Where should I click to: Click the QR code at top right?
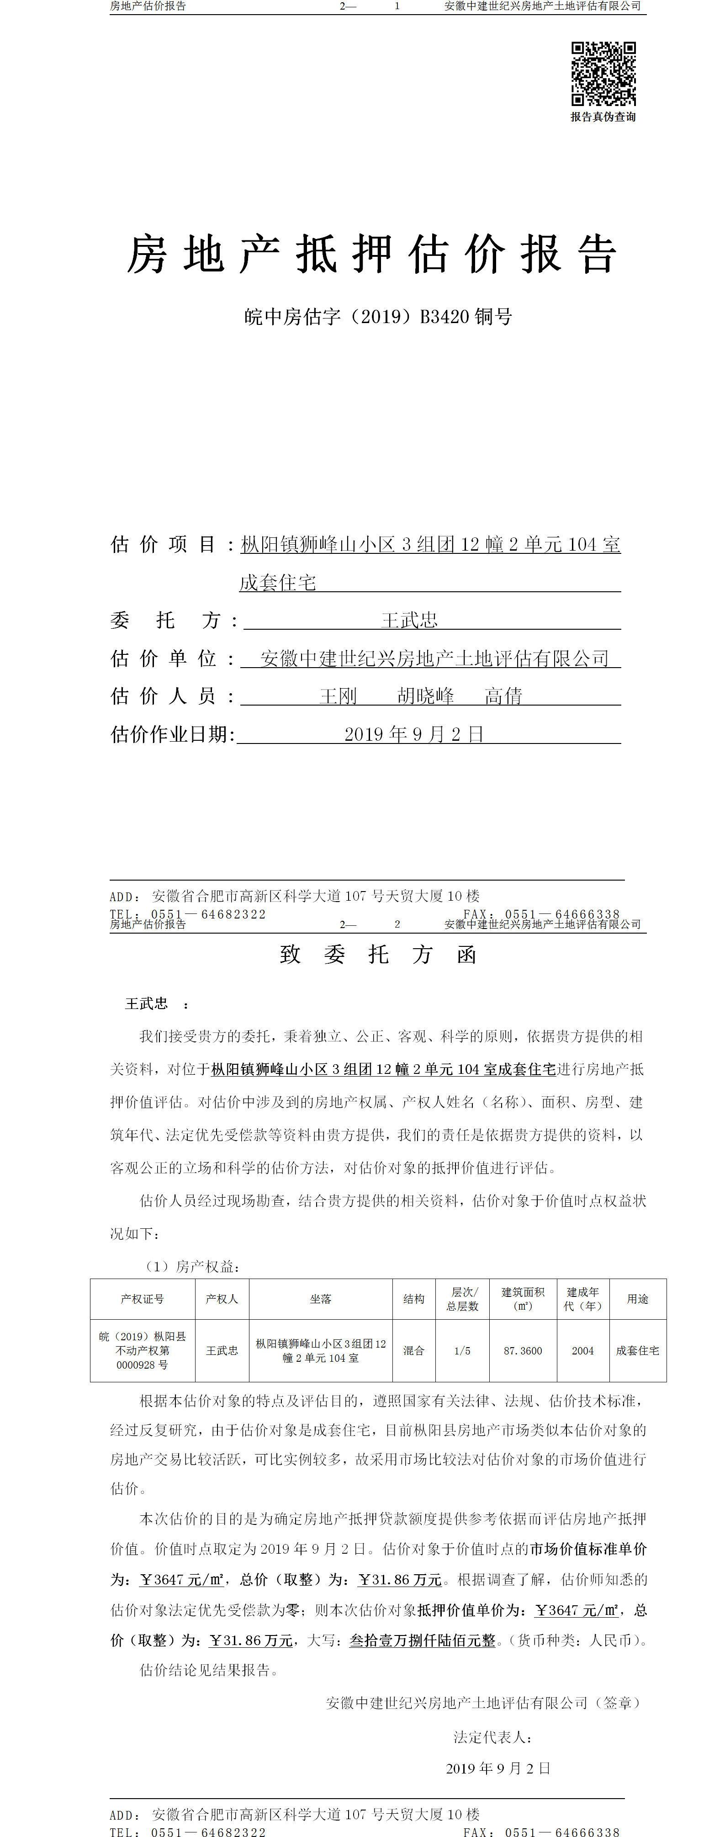[x=603, y=74]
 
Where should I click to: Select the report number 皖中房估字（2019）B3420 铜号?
[x=378, y=317]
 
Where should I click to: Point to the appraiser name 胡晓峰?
[x=426, y=696]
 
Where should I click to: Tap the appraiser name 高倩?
[x=503, y=696]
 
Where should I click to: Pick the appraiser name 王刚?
[x=338, y=696]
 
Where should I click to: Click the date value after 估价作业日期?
[x=414, y=734]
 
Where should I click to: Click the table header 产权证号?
[x=143, y=1299]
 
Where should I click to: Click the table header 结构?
[x=413, y=1299]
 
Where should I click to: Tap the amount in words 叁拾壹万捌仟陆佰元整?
[x=422, y=1640]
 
